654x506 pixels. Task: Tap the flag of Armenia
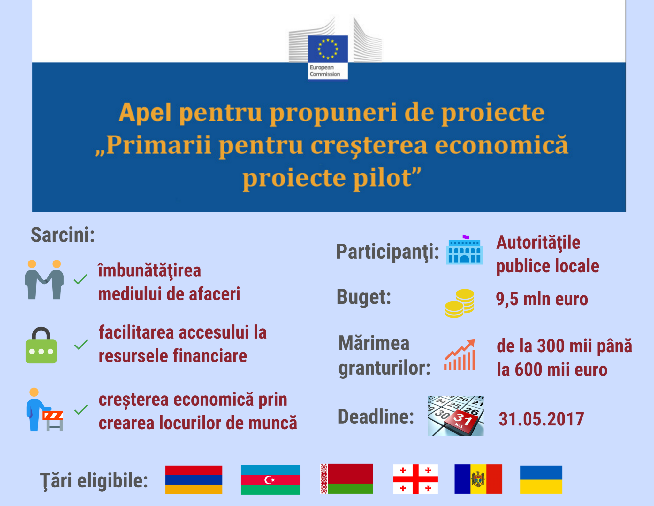tap(194, 480)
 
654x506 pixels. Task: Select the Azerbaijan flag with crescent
tap(270, 480)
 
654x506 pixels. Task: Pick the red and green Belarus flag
tap(346, 479)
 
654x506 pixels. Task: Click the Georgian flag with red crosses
tap(415, 479)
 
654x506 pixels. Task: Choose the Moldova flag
tap(478, 479)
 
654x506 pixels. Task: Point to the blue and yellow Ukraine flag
tap(541, 479)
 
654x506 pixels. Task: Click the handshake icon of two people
tap(44, 280)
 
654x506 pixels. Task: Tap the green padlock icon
tap(41, 345)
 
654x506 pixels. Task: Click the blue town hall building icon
tap(465, 250)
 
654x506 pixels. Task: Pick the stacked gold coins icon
tap(460, 303)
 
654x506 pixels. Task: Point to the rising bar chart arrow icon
tap(460, 355)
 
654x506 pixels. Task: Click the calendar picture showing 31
tap(456, 416)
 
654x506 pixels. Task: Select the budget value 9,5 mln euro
tap(542, 299)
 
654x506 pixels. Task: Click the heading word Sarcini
tap(63, 235)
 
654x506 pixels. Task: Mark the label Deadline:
tap(376, 416)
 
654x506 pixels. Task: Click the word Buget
tap(364, 297)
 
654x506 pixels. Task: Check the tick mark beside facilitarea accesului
tap(81, 345)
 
